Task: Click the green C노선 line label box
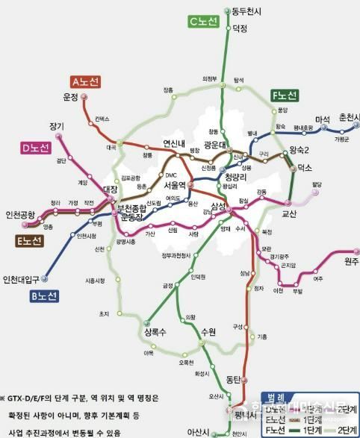(202, 22)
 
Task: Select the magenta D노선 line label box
(34, 148)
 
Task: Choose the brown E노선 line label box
(29, 240)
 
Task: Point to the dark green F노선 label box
(285, 96)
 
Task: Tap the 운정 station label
(70, 98)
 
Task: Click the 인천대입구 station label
(22, 280)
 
